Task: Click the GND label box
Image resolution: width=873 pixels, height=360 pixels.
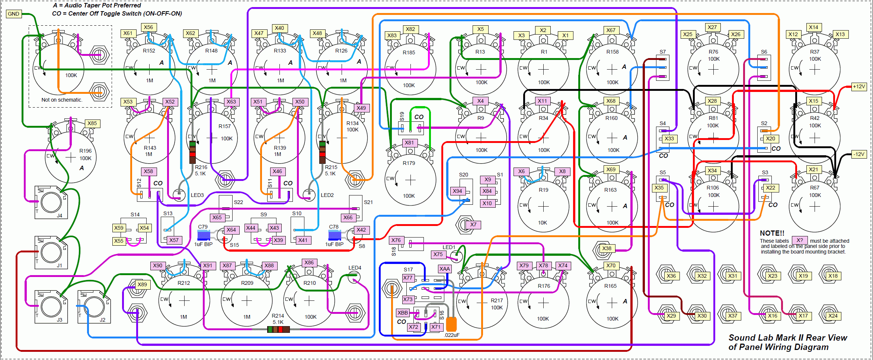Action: point(14,14)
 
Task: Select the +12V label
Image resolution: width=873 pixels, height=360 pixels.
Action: point(859,86)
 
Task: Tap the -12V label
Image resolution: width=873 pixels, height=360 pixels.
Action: point(859,154)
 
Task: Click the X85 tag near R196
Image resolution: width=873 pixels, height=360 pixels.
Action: point(92,123)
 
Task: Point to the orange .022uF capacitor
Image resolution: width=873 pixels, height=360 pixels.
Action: point(451,324)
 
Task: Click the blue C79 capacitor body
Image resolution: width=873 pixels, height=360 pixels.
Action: point(204,235)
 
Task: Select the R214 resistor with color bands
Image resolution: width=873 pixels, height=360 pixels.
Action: point(278,329)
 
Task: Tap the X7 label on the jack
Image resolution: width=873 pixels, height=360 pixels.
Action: point(473,224)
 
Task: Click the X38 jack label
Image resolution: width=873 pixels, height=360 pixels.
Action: point(607,248)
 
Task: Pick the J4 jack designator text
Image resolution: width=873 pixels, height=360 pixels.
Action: point(60,216)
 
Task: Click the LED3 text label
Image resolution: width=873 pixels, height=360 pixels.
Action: point(197,195)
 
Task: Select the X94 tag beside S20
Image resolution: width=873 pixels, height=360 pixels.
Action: point(457,191)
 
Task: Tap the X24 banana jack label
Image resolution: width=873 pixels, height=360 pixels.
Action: point(833,316)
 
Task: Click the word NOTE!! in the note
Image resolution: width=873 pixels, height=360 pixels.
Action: point(772,233)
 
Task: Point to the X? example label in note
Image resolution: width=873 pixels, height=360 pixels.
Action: point(800,240)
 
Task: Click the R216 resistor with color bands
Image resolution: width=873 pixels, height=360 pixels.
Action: point(192,152)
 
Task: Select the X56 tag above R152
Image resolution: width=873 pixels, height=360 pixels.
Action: point(148,27)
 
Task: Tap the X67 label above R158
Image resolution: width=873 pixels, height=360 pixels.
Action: point(611,30)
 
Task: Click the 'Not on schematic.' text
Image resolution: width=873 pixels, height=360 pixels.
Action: point(62,100)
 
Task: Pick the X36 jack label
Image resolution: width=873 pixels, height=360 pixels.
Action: point(671,276)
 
